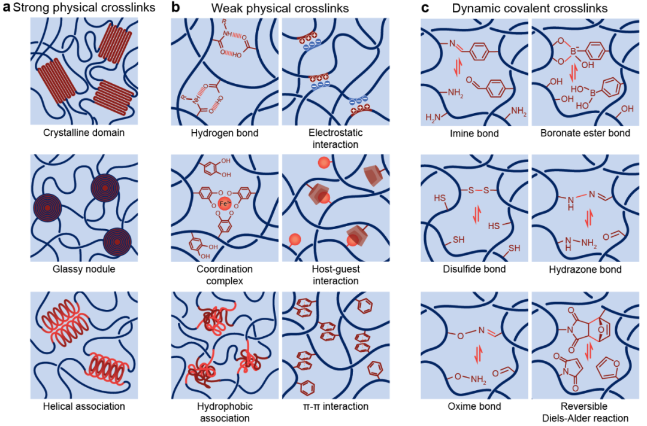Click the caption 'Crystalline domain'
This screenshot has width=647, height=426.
tap(84, 133)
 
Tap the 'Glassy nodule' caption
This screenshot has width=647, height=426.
tap(84, 269)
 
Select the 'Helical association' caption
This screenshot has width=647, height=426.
tap(84, 406)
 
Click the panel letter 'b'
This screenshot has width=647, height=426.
tap(176, 7)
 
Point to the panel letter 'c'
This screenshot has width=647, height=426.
tap(425, 8)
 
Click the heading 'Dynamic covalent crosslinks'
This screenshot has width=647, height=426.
tap(530, 8)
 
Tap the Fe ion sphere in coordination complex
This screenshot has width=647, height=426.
tap(225, 203)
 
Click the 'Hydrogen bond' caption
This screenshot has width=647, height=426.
tap(225, 133)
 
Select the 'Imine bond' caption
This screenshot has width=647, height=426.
tap(474, 133)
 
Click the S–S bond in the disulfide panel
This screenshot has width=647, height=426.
tap(478, 190)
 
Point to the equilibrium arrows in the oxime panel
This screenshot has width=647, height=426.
tap(478, 354)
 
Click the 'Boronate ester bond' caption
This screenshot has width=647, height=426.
tap(585, 133)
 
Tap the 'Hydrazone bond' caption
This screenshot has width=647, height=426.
tap(585, 269)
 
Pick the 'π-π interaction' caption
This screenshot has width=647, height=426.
tap(335, 406)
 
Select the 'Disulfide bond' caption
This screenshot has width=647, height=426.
tap(474, 269)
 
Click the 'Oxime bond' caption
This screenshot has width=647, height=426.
tap(474, 406)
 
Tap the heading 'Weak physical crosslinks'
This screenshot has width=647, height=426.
tap(280, 8)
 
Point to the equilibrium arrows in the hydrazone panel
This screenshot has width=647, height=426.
tap(589, 218)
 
